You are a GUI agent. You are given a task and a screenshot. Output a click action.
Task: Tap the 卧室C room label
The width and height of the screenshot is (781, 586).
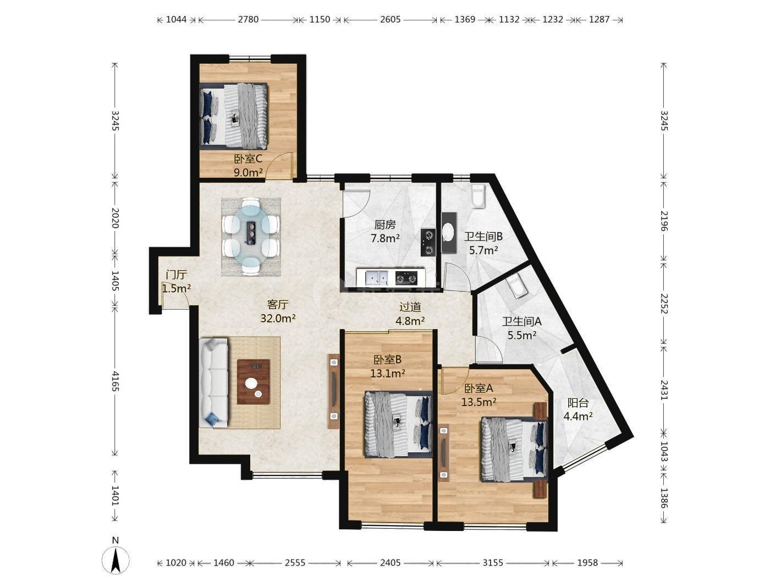[248, 158]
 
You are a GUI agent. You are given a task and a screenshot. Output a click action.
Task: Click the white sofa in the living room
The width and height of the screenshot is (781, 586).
[213, 382]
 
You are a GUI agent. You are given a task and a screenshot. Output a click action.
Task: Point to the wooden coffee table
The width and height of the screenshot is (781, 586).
[254, 381]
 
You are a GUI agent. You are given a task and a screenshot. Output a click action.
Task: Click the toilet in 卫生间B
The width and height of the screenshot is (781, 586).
[477, 196]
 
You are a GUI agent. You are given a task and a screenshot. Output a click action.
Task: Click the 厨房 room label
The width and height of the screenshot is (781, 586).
[385, 225]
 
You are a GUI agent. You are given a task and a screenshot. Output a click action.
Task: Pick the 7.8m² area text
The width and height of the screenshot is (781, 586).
[385, 238]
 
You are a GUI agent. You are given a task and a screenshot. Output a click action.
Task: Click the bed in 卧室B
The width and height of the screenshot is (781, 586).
[399, 424]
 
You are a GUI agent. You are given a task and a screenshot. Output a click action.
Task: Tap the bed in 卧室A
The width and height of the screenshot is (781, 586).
[514, 450]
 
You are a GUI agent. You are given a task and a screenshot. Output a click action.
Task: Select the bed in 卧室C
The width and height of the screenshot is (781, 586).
[233, 116]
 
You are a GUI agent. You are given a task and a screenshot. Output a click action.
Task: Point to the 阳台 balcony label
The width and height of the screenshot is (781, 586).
[578, 403]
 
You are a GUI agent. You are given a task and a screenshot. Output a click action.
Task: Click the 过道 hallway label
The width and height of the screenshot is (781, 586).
[410, 306]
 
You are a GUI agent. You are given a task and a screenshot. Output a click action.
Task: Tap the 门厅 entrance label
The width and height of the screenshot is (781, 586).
[177, 275]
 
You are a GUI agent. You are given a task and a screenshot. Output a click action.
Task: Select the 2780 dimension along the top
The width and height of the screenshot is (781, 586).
[248, 19]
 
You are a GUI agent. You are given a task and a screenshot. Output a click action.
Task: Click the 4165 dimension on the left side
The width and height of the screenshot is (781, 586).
[115, 380]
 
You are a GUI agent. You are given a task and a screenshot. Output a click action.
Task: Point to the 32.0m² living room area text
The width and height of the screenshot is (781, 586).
[278, 318]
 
